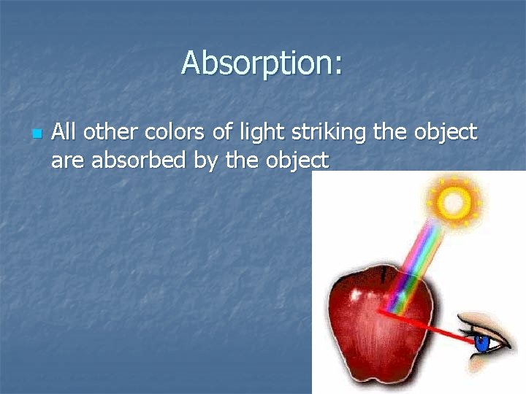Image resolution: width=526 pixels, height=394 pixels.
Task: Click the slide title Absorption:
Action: coord(262,63)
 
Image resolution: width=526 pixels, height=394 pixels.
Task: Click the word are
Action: coord(67,161)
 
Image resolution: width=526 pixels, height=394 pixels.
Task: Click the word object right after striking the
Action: coord(444,134)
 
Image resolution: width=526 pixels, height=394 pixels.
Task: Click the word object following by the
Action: coord(297,161)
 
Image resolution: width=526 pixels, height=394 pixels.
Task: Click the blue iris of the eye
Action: coord(482,341)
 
